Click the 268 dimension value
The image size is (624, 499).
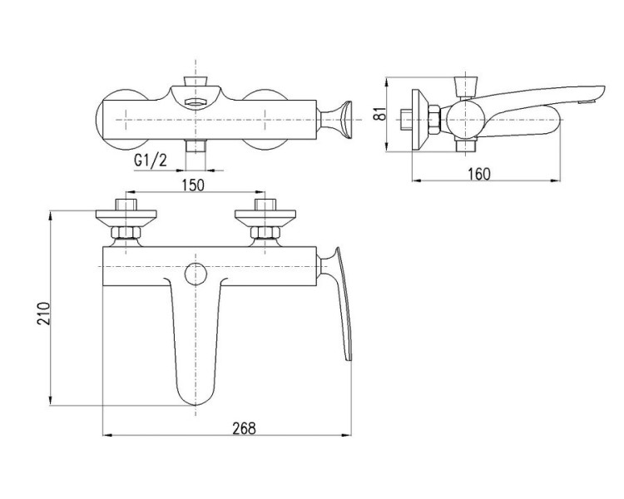pyautogui.click(x=245, y=428)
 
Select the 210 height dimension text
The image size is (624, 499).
pyautogui.click(x=44, y=314)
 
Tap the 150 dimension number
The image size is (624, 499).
pyautogui.click(x=193, y=185)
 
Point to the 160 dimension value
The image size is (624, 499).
pyautogui.click(x=479, y=175)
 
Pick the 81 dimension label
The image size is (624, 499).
pyautogui.click(x=381, y=113)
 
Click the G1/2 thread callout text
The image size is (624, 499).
pyautogui.click(x=151, y=161)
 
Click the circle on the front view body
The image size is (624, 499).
pyautogui.click(x=196, y=274)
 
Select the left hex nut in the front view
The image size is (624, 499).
pyautogui.click(x=126, y=232)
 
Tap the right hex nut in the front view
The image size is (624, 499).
pyautogui.click(x=265, y=232)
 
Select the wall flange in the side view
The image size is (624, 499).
pyautogui.click(x=420, y=120)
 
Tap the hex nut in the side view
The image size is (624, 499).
pyautogui.click(x=433, y=120)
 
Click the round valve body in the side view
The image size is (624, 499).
pyautogui.click(x=465, y=120)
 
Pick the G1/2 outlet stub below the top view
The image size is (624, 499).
pyautogui.click(x=196, y=146)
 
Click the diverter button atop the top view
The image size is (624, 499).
pyautogui.click(x=196, y=81)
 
